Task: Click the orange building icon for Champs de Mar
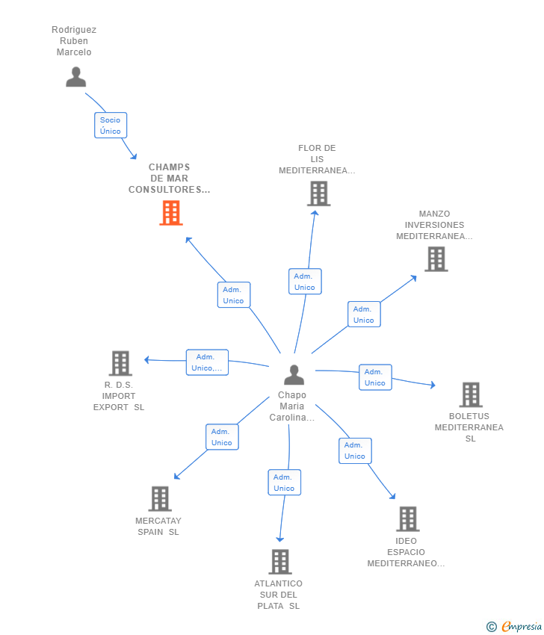171,213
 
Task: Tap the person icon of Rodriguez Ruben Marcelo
75,77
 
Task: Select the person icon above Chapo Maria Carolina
294,374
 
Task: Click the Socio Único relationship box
111,126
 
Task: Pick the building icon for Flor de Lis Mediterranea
319,193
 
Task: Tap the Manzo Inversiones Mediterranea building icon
436,259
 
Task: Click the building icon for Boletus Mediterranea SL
471,395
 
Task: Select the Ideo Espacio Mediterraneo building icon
407,518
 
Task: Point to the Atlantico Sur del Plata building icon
280,562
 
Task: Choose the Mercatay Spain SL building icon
160,498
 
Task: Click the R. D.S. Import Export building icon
120,363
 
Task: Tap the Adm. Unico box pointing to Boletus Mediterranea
375,377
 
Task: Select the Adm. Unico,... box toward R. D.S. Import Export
208,362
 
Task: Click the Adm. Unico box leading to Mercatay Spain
223,437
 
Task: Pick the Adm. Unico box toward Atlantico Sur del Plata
285,483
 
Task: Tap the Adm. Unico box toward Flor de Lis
305,282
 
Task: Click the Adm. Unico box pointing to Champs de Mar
234,295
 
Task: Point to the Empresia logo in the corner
514,627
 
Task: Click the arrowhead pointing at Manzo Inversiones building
414,278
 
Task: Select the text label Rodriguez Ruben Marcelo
74,41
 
